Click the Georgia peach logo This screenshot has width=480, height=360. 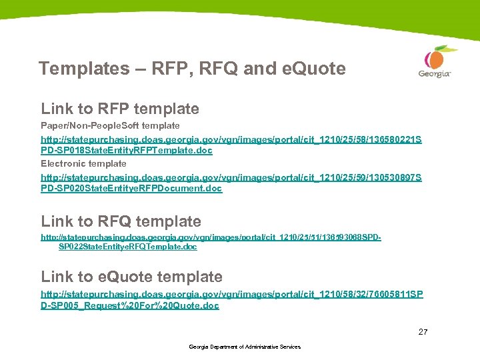(x=435, y=58)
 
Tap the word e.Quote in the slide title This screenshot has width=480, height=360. (x=313, y=69)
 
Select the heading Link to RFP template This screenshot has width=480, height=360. (x=120, y=109)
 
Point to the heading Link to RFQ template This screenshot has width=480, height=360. (x=121, y=221)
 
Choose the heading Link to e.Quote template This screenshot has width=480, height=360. (x=132, y=277)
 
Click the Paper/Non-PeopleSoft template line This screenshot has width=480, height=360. (x=110, y=125)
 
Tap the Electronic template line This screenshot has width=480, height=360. (x=83, y=163)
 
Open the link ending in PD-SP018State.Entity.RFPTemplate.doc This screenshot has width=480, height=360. (x=127, y=151)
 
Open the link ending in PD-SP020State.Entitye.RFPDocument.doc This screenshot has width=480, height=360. (x=131, y=189)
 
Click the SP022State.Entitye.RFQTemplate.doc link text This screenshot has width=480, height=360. (x=128, y=247)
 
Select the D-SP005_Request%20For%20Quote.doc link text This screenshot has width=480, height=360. (x=130, y=306)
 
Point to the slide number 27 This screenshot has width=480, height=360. (x=423, y=331)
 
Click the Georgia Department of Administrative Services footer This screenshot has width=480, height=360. (x=245, y=347)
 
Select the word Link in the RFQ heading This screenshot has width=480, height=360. (x=56, y=221)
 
